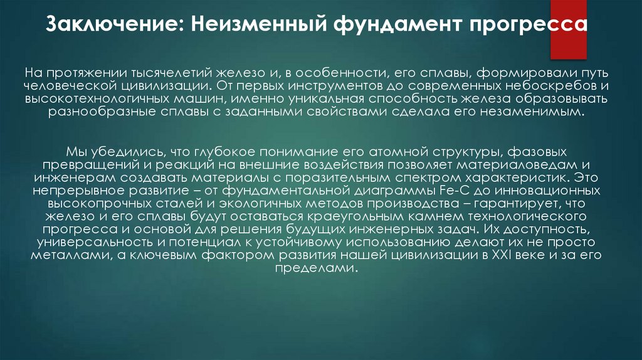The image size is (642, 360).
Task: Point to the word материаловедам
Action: pos(493,166)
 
